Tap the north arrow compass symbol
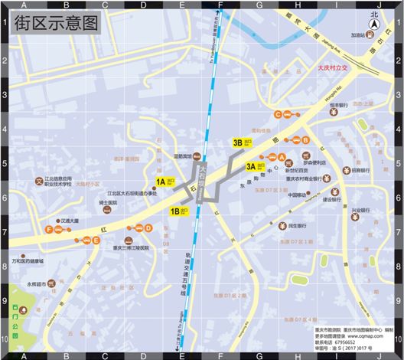(x=374, y=23)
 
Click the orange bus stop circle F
(x=49, y=229)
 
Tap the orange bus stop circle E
(x=96, y=240)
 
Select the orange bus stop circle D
(x=147, y=227)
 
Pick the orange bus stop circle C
(x=278, y=115)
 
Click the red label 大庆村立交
(x=333, y=68)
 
